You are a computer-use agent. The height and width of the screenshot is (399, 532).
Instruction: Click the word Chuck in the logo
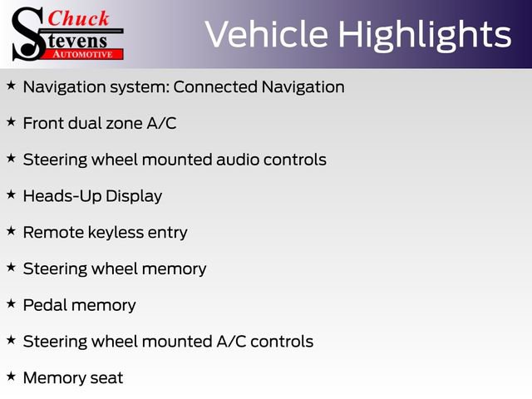78,18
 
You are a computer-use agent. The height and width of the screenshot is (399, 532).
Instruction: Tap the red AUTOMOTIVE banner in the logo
83,54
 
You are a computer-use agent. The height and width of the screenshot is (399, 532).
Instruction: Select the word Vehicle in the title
266,34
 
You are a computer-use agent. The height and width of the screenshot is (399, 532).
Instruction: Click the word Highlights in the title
425,36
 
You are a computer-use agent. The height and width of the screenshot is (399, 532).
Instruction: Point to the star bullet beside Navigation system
11,86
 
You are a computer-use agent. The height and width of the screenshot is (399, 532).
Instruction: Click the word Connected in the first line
215,86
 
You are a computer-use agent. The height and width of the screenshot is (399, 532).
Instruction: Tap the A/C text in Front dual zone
161,123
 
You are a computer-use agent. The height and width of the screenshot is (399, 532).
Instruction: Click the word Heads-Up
62,196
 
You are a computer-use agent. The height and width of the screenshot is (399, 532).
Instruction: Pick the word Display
134,196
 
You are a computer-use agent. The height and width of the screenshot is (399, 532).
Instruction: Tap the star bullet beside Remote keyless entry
11,231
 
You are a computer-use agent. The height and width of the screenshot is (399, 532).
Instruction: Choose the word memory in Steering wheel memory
174,269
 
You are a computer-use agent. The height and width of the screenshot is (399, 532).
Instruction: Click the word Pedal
45,305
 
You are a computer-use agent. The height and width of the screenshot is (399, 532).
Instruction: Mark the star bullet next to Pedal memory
11,303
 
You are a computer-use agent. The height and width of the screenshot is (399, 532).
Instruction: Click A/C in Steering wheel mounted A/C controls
231,342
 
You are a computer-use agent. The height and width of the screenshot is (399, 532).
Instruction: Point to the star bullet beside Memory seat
11,377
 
